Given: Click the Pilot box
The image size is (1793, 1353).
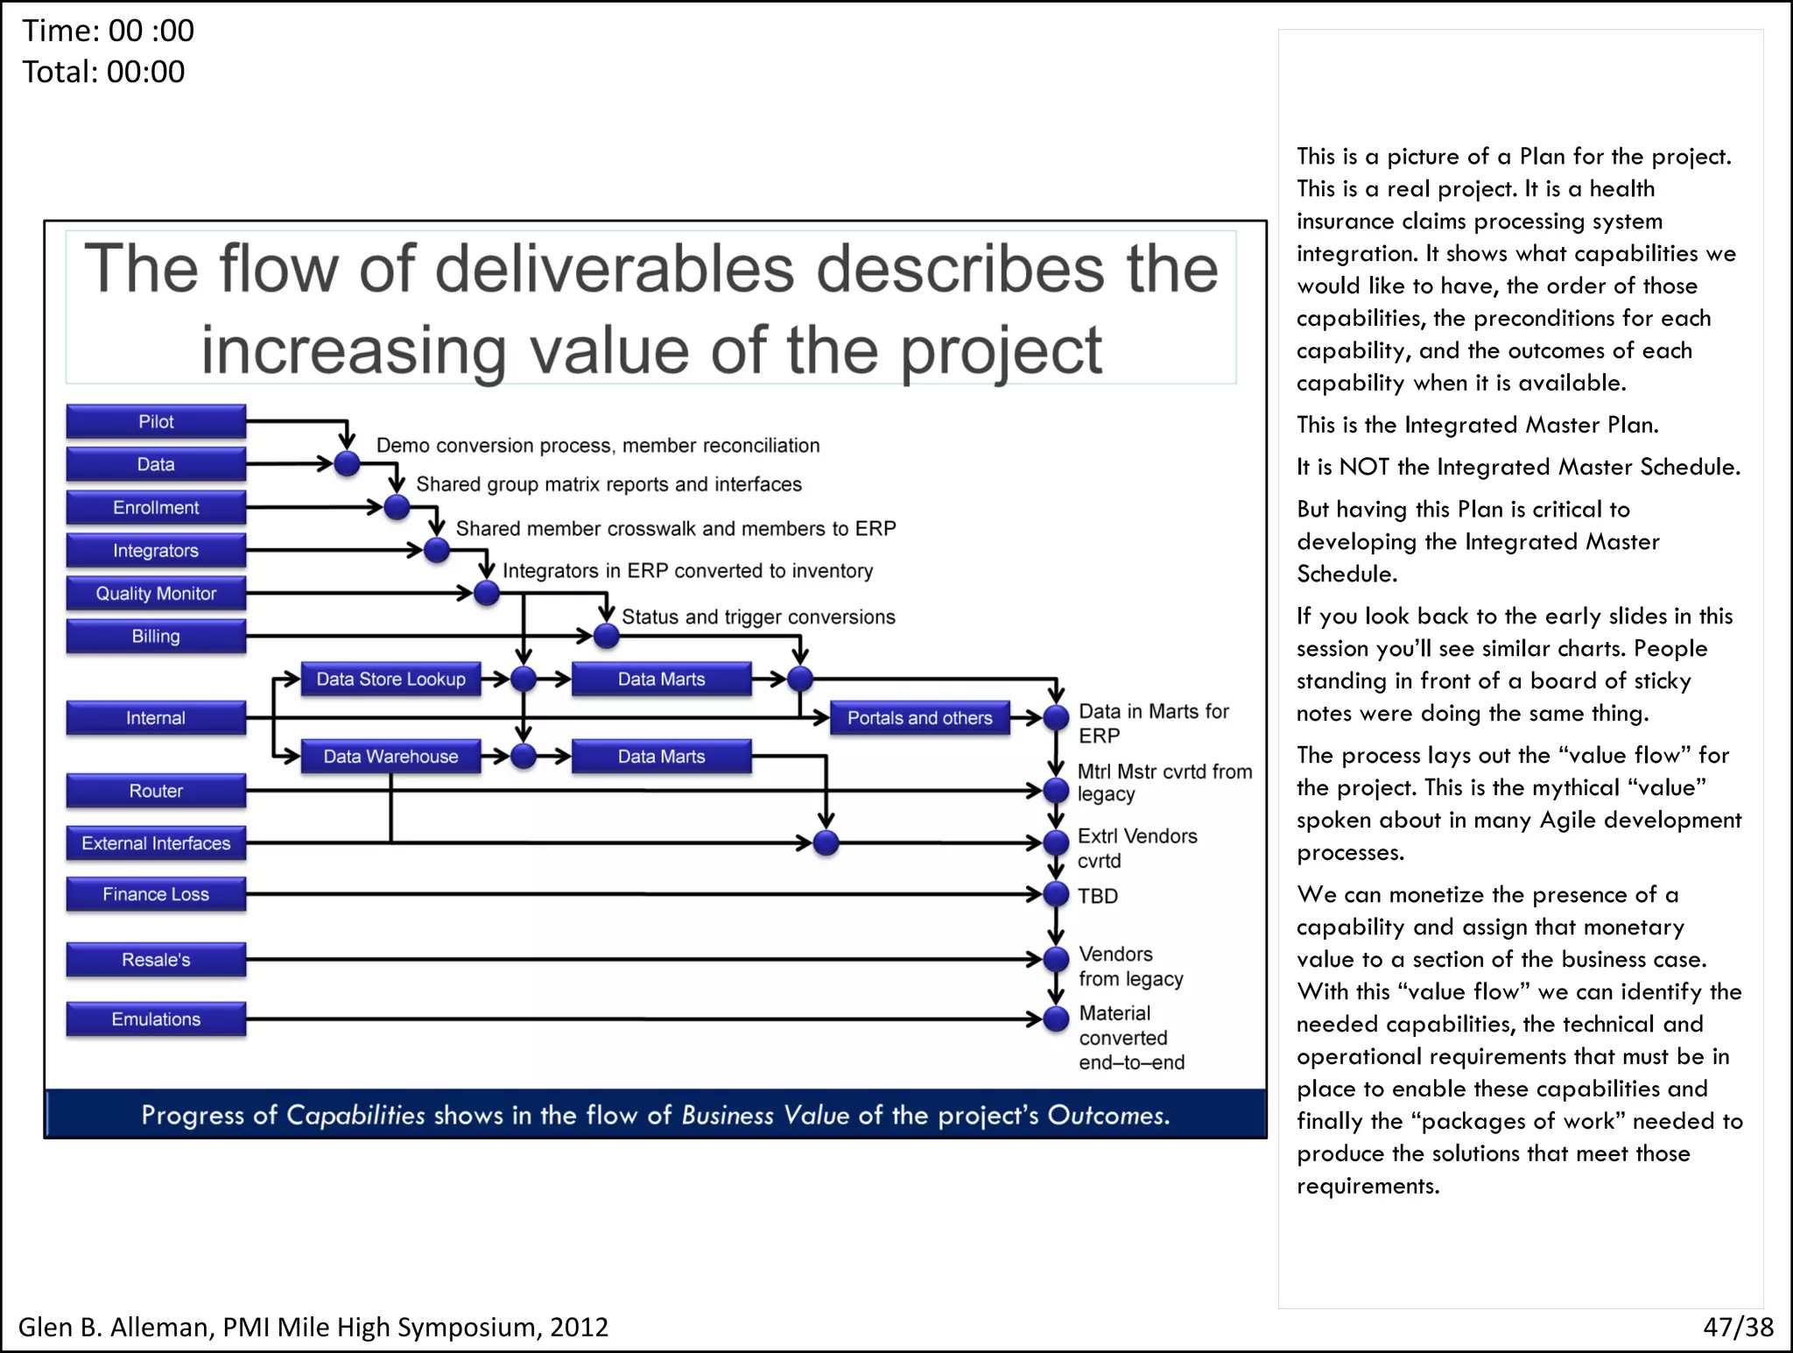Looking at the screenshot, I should [x=156, y=421].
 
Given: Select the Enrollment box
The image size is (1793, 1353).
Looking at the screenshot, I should [x=156, y=507].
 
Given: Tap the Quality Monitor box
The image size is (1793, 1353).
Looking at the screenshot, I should [x=156, y=593].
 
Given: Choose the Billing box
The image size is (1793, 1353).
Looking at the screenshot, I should [x=156, y=636].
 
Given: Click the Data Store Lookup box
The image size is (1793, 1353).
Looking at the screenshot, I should [x=390, y=679].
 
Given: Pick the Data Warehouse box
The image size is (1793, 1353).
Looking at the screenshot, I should [x=390, y=756].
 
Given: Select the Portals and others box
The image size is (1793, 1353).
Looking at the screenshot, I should [x=919, y=717].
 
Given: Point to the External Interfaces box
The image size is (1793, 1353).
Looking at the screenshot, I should [x=156, y=842].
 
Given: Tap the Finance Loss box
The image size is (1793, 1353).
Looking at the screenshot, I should [x=156, y=894].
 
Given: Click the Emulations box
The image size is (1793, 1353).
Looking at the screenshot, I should [x=156, y=1018].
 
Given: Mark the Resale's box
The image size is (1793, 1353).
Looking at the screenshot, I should [x=156, y=959].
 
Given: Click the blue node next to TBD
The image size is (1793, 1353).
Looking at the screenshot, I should [x=1057, y=894].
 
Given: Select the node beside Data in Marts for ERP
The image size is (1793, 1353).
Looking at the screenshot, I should [x=1057, y=717].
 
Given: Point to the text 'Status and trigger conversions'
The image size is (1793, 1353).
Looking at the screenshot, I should [x=758, y=617].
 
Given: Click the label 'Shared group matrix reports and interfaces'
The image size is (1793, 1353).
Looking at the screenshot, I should [x=608, y=484].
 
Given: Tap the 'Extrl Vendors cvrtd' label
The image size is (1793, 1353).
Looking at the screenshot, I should [x=1136, y=848].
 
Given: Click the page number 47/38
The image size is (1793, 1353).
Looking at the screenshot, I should [x=1738, y=1327].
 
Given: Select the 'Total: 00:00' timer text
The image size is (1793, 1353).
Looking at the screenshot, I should [x=103, y=72].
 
